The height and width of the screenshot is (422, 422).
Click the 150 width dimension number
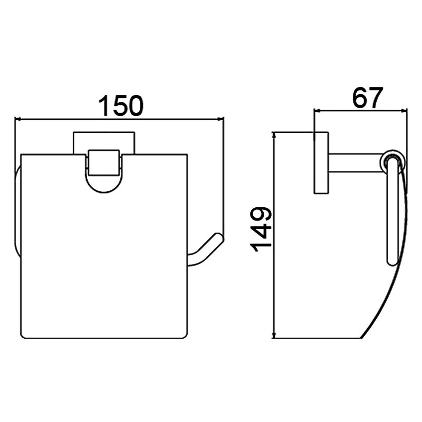tap(121, 105)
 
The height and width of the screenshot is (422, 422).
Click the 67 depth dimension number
tap(367, 97)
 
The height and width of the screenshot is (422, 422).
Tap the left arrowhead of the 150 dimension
tap(18, 119)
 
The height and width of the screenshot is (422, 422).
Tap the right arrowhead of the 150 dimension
tap(220, 119)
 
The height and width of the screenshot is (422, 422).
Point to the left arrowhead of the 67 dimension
tap(318, 110)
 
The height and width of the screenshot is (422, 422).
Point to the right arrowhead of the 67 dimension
tap(404, 110)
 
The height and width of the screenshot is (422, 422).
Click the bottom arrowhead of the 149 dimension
tap(274, 335)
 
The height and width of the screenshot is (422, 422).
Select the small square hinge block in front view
tap(103, 163)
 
